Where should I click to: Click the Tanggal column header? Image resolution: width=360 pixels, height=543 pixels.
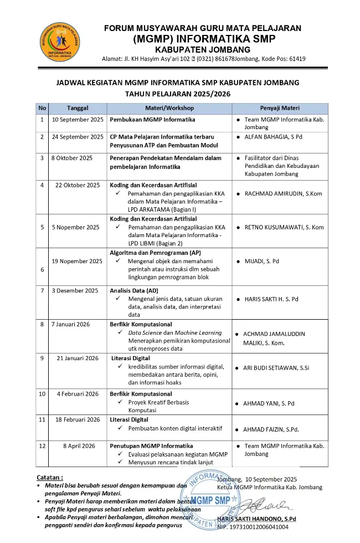pos(78,108)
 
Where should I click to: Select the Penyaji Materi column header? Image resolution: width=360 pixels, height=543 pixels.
pos(280,108)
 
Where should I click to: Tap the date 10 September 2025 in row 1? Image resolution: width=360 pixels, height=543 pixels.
pos(78,120)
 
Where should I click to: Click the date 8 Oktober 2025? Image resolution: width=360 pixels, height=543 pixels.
pos(72,158)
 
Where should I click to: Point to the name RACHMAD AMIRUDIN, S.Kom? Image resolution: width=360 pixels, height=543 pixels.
pos(283,193)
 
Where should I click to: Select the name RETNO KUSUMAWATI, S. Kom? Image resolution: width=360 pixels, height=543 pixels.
pos(284,227)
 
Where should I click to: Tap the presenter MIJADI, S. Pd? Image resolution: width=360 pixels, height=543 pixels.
pos(262,261)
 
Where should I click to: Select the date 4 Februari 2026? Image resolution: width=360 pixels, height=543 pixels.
pos(78,394)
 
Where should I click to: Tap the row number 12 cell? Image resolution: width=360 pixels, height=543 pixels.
pos(42,446)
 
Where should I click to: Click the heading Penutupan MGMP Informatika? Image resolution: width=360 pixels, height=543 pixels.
pos(151,446)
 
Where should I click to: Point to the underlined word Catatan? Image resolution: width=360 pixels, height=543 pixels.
pos(50,477)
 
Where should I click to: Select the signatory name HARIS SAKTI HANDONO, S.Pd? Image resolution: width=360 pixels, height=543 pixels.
pos(257,519)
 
